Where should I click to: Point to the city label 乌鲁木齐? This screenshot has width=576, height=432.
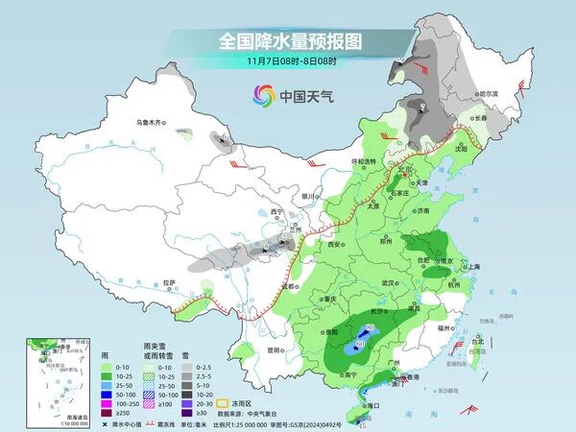151,123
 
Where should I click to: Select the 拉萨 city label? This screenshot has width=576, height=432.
170,283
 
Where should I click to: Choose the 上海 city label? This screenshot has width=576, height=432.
471,267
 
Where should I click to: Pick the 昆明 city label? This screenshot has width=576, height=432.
276,349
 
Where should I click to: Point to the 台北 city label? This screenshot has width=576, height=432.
478,340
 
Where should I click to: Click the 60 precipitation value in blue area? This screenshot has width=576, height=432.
360,343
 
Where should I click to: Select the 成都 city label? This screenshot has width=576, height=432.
287,285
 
